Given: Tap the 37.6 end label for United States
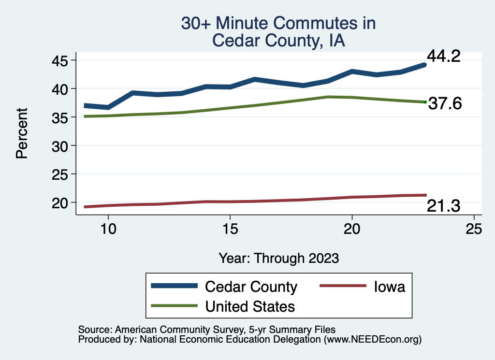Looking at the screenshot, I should (x=446, y=103).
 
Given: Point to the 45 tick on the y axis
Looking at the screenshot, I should (x=61, y=60).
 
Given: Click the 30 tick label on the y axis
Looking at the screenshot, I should (x=61, y=145).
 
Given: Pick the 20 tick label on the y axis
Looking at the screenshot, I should (x=61, y=202).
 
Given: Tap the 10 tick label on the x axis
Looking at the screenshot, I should (x=108, y=229).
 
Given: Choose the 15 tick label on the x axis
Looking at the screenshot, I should (x=230, y=229).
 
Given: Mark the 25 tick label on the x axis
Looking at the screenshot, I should (x=474, y=229).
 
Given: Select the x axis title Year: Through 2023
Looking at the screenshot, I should (x=278, y=258).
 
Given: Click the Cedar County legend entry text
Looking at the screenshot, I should (x=251, y=287).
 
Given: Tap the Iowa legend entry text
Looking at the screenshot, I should (x=389, y=287).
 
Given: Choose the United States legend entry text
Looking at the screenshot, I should (x=250, y=306).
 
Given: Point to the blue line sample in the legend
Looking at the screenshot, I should (x=175, y=286).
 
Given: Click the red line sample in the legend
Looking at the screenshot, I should (x=342, y=286).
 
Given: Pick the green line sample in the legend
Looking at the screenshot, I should (x=175, y=306).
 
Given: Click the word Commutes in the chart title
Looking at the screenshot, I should (x=300, y=23).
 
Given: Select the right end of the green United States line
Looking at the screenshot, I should (x=424, y=102).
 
